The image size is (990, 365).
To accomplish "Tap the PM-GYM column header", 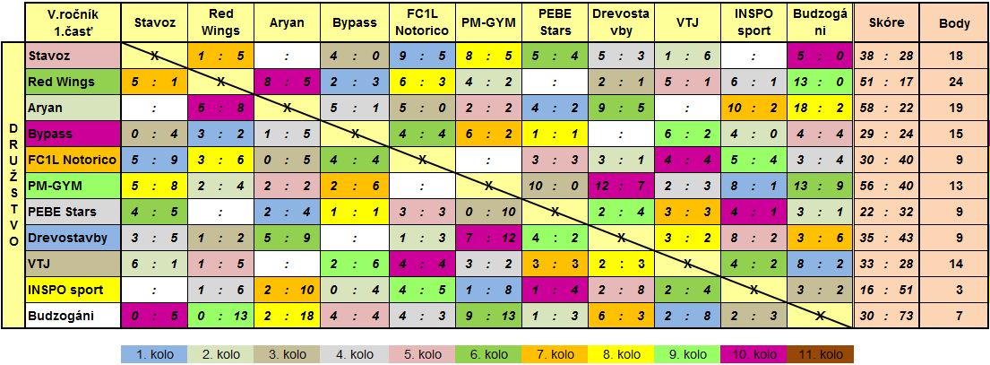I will point(488,22).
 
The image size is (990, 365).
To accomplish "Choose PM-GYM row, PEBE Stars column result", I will point(555,186).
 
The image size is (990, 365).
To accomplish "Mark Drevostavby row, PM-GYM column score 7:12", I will point(488,238).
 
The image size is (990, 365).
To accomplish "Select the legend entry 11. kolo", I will point(821,353).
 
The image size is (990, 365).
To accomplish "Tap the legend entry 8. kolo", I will point(621,353).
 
